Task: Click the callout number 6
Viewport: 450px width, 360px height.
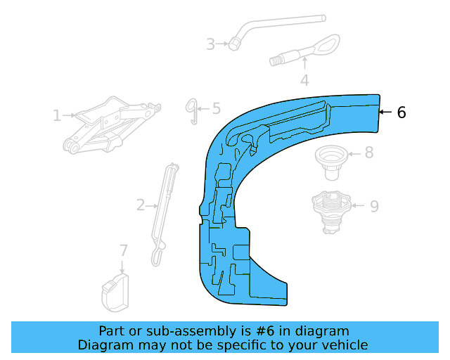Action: click(x=401, y=112)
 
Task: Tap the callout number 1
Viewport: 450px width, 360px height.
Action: click(x=57, y=115)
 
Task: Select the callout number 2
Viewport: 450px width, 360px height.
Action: click(x=141, y=205)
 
